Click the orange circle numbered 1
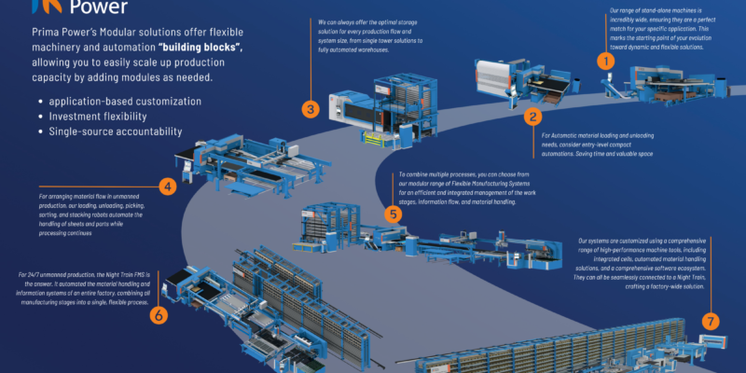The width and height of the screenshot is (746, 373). [607, 62]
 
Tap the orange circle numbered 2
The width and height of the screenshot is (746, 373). [532, 117]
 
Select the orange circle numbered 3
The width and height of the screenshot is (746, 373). [311, 108]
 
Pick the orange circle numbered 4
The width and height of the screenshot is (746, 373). [168, 186]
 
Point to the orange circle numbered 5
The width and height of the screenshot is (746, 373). [394, 214]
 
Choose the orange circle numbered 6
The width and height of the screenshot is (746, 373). [159, 315]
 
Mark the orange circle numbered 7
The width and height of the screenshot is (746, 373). [712, 322]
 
